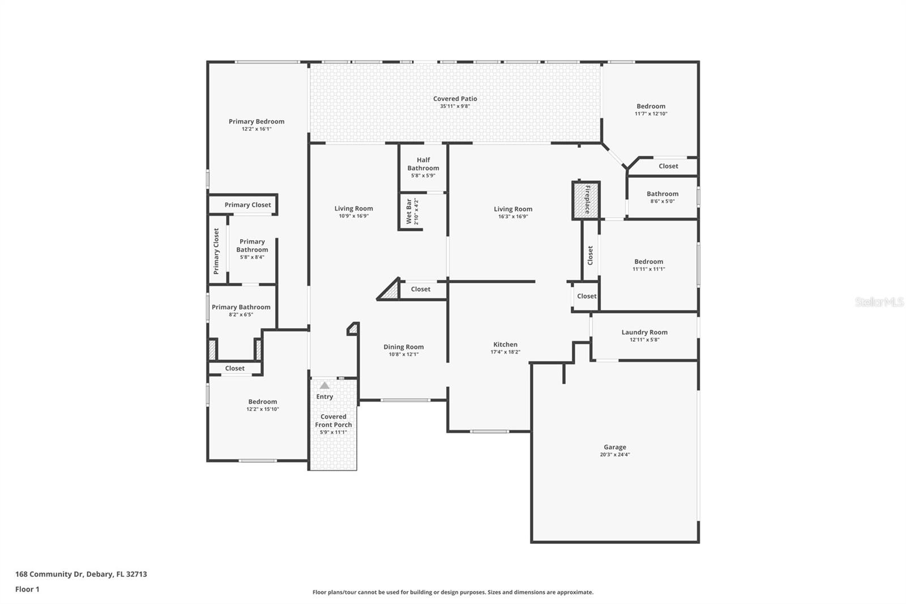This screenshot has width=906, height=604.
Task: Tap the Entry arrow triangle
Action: [x=324, y=385]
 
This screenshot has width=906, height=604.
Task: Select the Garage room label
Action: [x=614, y=447]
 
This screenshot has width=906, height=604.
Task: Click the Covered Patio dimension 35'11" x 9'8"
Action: [x=455, y=107]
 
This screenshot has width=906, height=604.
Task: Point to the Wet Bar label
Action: [x=409, y=211]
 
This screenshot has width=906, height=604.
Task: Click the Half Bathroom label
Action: [x=423, y=164]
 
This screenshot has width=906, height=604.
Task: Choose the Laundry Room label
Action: [x=644, y=333]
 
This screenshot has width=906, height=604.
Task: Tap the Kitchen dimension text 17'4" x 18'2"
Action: [x=505, y=352]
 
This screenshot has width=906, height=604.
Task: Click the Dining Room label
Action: [x=403, y=347]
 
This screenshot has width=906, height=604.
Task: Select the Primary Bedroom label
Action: [x=257, y=121]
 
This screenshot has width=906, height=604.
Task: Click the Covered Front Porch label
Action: [x=333, y=420]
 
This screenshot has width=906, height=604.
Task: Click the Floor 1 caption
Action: [x=27, y=589]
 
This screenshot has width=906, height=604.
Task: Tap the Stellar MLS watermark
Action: [x=879, y=302]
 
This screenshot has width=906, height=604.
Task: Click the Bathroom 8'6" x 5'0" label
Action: [x=662, y=194]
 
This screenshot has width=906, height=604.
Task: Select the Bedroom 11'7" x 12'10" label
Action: [x=651, y=106]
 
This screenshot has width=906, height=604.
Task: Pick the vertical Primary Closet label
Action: [x=216, y=251]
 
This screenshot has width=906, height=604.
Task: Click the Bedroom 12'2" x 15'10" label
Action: [x=262, y=402]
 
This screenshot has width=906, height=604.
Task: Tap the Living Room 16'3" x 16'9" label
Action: [x=512, y=209]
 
